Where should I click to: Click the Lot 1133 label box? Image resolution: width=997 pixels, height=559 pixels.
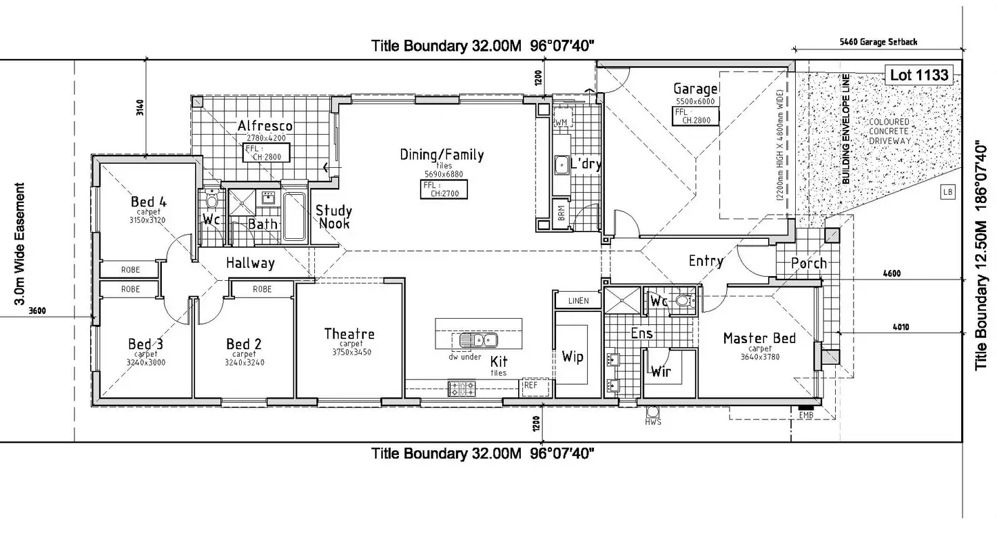(x=919, y=75)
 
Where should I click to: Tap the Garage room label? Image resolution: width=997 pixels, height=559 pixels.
(x=695, y=89)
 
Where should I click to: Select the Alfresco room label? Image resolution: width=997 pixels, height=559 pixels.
(x=265, y=126)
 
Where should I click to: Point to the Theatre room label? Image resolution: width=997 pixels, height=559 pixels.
(x=349, y=334)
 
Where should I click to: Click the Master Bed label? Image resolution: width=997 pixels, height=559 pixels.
(x=759, y=338)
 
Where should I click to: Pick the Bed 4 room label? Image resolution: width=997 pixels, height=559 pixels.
(x=148, y=202)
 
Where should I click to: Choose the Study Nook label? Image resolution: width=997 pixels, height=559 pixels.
(x=333, y=217)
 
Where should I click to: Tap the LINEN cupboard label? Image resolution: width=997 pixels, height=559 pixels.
(x=578, y=300)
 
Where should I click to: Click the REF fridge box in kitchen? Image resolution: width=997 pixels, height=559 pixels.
(x=531, y=386)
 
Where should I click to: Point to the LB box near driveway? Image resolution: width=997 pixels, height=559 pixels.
(x=948, y=192)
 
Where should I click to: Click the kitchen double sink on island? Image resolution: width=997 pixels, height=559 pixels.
(x=478, y=340)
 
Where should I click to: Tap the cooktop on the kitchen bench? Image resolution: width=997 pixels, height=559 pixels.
(x=461, y=388)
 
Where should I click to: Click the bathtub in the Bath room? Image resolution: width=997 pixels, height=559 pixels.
(x=293, y=217)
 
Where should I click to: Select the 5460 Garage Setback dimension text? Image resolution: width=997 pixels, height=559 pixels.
(x=878, y=42)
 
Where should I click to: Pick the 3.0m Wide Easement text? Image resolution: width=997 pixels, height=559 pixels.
(x=20, y=244)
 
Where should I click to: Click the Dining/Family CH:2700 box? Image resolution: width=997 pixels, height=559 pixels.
(x=444, y=189)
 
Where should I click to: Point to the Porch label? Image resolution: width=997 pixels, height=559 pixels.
(x=809, y=263)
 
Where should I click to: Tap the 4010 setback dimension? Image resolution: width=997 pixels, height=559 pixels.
(x=900, y=328)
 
